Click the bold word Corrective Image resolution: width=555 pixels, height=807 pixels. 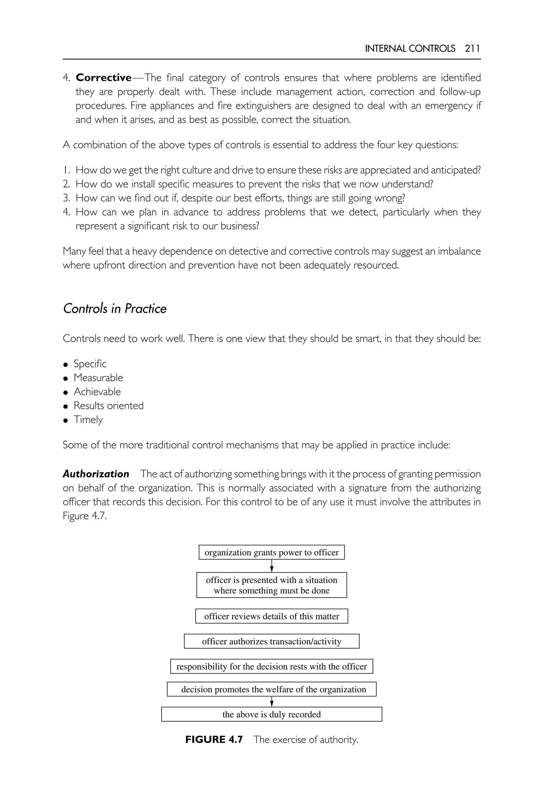click(x=103, y=78)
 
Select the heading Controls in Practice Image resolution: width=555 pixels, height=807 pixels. click(x=115, y=309)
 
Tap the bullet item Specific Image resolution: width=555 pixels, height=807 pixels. click(x=90, y=364)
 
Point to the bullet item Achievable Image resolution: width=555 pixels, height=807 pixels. click(x=97, y=392)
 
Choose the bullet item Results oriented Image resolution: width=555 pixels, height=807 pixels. click(x=108, y=405)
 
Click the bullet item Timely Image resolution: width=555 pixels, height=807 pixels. click(x=88, y=420)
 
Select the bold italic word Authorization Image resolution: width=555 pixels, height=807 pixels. click(x=96, y=474)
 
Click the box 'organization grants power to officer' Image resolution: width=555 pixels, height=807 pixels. click(x=271, y=552)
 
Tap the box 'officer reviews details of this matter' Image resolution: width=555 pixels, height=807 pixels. click(x=271, y=616)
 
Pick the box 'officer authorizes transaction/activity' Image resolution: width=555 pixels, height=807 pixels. click(x=271, y=641)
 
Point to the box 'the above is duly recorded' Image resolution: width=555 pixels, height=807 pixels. click(x=271, y=715)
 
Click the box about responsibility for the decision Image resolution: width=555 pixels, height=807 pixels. click(x=271, y=667)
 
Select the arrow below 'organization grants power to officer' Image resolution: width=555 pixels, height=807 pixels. click(x=272, y=566)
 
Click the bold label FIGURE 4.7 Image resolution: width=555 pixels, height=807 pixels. click(x=214, y=739)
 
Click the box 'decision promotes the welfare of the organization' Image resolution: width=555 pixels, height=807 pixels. click(x=271, y=689)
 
